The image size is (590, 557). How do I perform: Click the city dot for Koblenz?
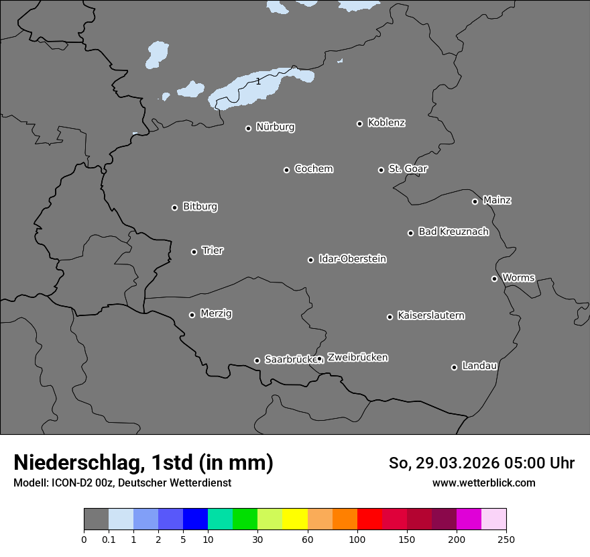(x=359, y=123)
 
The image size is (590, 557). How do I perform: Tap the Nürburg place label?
(x=276, y=127)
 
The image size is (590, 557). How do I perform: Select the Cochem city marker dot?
(x=286, y=170)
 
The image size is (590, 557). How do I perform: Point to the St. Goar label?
(x=408, y=168)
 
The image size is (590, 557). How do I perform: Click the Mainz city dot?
(x=475, y=201)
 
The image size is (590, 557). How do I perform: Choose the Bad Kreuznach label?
(x=453, y=232)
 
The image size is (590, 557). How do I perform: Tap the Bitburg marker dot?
(x=174, y=207)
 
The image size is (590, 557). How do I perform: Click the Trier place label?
(x=213, y=250)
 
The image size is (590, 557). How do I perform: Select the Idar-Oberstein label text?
(x=353, y=258)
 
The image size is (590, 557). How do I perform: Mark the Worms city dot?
(x=494, y=278)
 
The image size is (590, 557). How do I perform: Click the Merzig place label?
(x=216, y=313)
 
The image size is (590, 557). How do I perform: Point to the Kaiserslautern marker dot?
(x=390, y=317)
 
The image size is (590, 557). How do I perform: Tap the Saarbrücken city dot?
(x=257, y=360)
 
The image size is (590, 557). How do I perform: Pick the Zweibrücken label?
(x=357, y=357)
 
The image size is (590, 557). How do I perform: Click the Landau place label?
(x=479, y=366)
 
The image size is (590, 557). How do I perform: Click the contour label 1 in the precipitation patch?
(x=258, y=81)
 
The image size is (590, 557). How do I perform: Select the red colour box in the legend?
(x=369, y=519)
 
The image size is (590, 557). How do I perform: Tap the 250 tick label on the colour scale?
(x=506, y=539)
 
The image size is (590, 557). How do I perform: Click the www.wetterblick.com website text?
(x=484, y=483)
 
